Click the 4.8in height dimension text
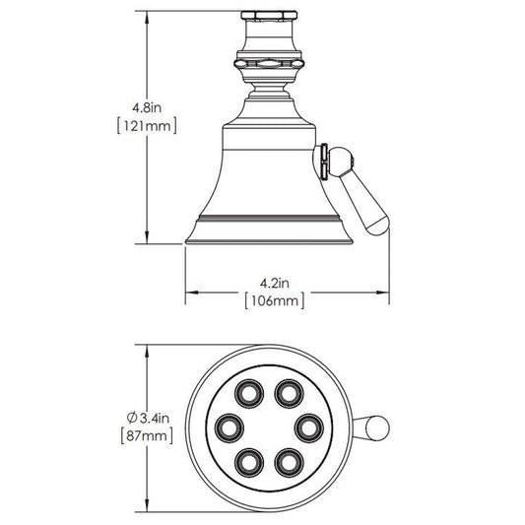point(147,107)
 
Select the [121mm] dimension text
point(147,126)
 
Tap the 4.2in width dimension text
point(275,284)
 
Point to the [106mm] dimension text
point(275,300)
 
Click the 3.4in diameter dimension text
point(154,418)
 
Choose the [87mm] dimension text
point(147,436)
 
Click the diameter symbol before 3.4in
point(132,418)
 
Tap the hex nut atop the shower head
point(269,16)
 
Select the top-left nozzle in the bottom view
point(249,393)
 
